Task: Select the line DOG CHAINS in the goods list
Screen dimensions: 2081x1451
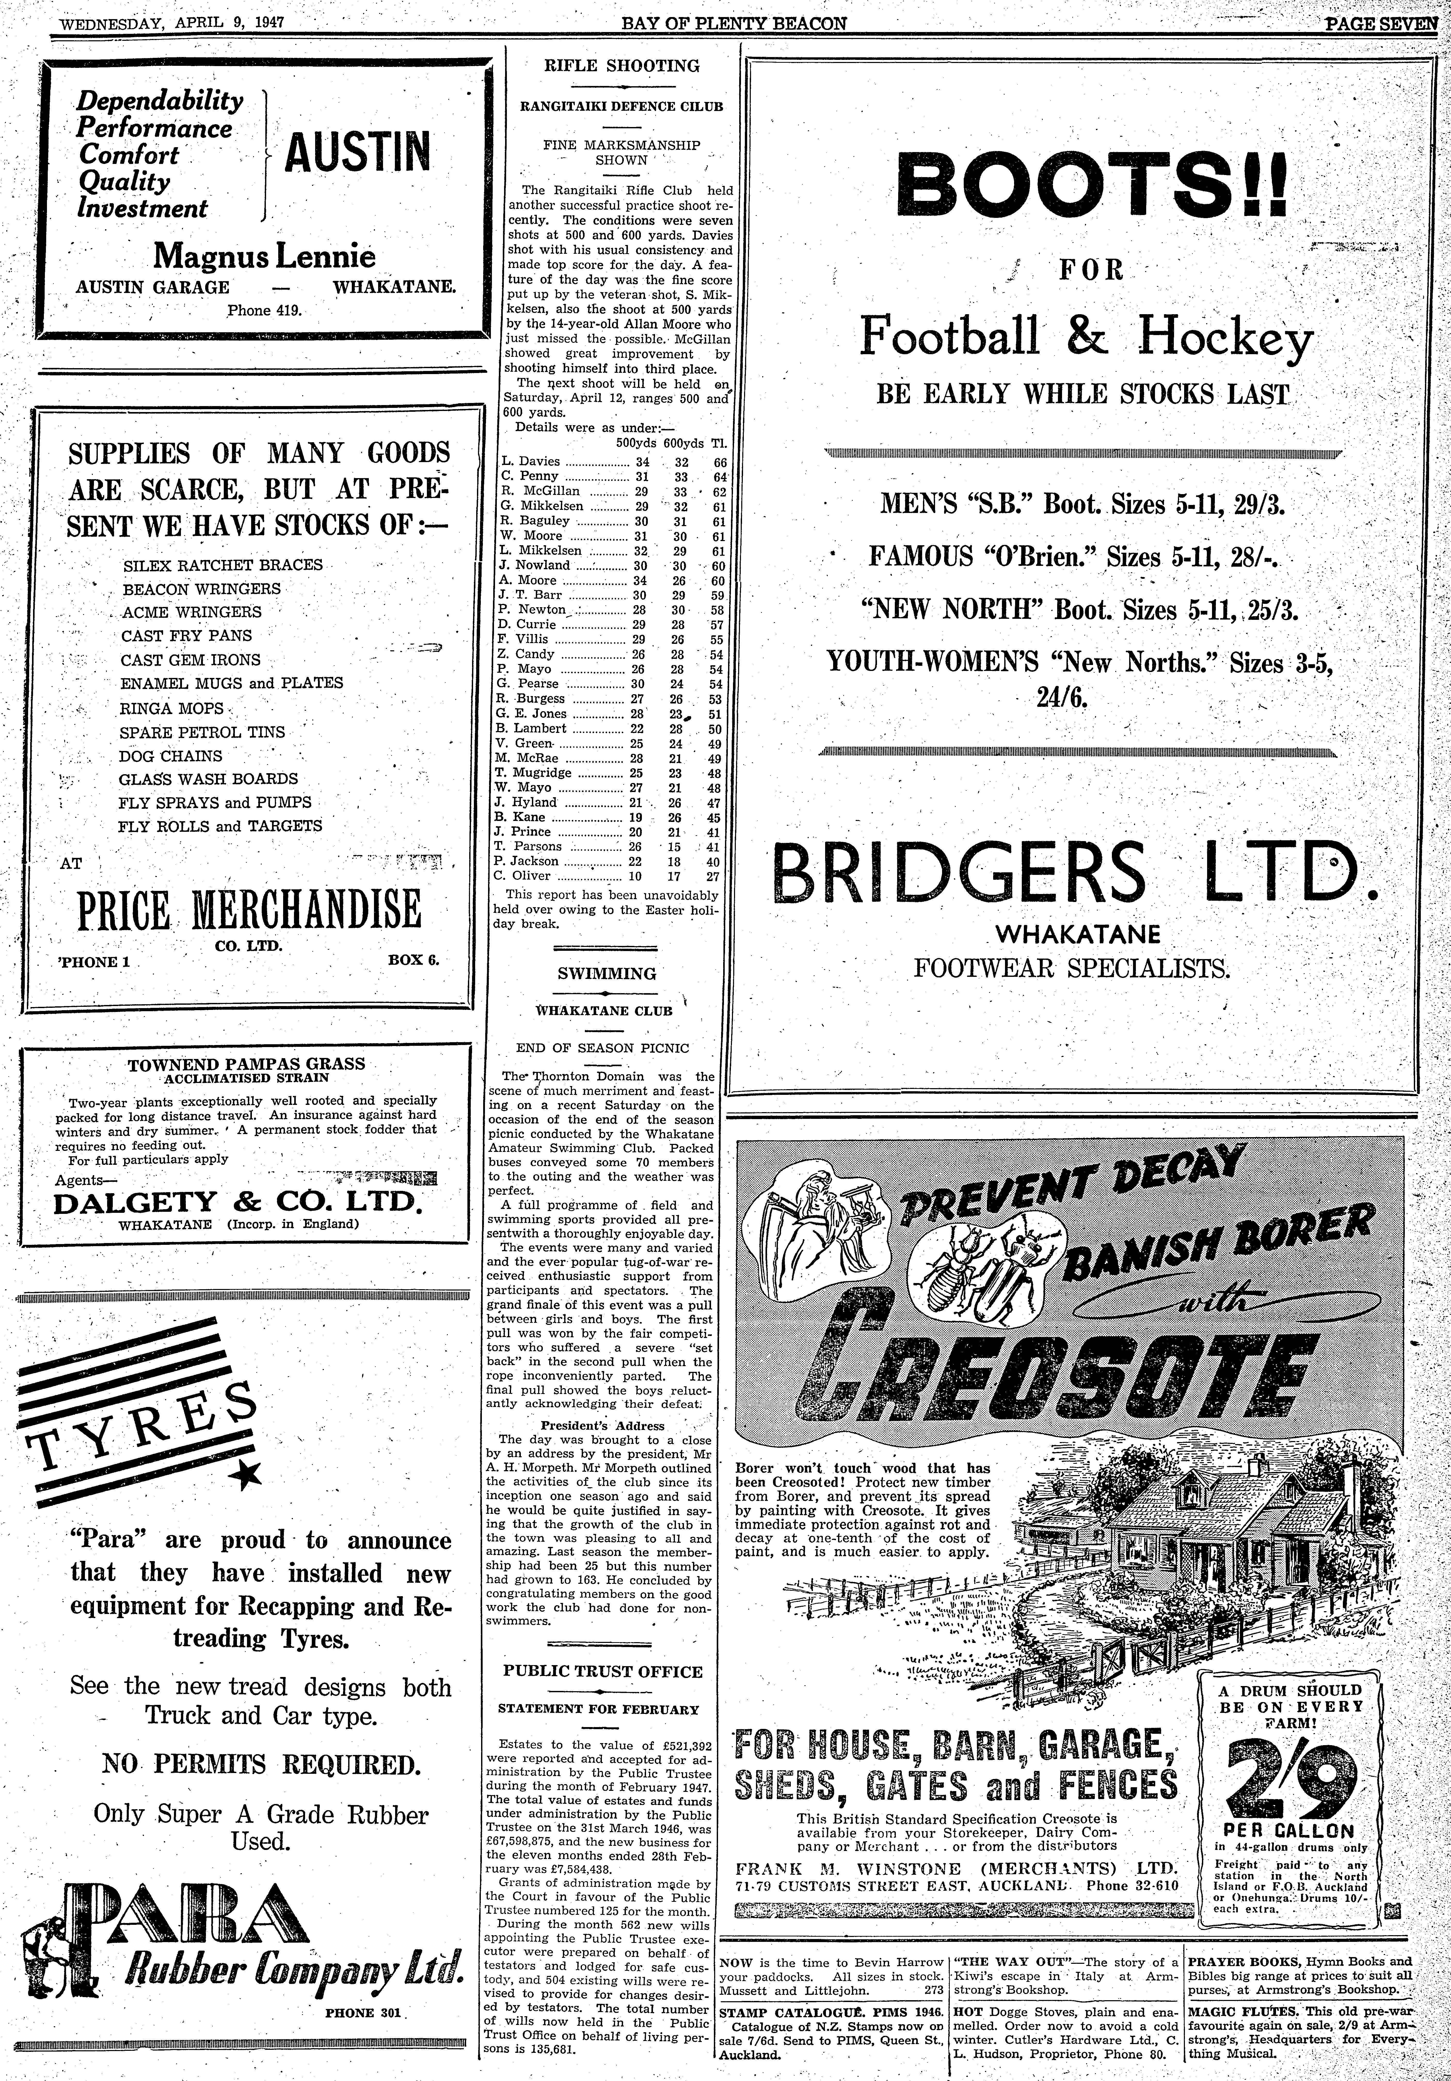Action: tap(170, 756)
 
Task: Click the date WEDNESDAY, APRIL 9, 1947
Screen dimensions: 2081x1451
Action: tap(172, 22)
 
